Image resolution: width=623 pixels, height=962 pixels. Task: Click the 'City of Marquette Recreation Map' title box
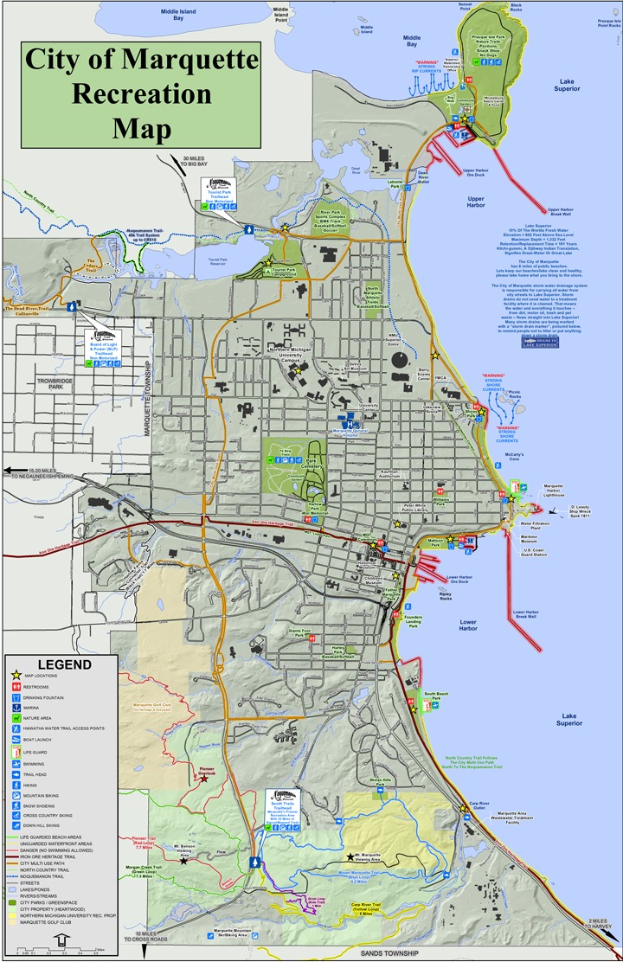(x=141, y=95)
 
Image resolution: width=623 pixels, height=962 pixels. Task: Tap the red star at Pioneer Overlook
(x=204, y=779)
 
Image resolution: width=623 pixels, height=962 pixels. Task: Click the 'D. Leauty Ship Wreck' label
(x=585, y=509)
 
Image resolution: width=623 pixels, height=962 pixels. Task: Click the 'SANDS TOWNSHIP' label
(x=387, y=953)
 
